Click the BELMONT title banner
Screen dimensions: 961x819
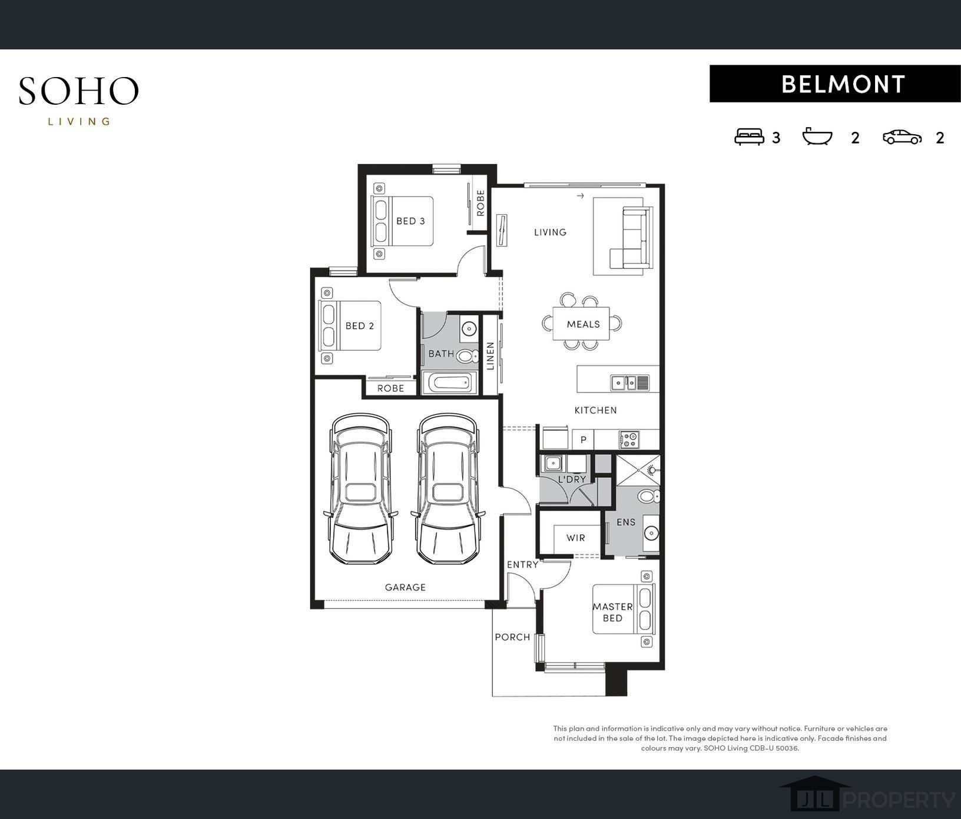pyautogui.click(x=835, y=84)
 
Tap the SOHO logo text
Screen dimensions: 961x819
pyautogui.click(x=78, y=91)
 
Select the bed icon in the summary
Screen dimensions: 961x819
pyautogui.click(x=749, y=137)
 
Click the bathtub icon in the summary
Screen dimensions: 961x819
pyautogui.click(x=818, y=136)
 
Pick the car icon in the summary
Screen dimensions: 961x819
pyautogui.click(x=902, y=137)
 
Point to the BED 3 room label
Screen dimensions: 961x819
pyautogui.click(x=410, y=221)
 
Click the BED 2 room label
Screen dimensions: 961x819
pyautogui.click(x=360, y=326)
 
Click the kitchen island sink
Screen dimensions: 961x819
pyautogui.click(x=629, y=382)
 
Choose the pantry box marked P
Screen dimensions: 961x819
pyautogui.click(x=583, y=440)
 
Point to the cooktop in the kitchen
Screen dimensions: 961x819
pyautogui.click(x=629, y=439)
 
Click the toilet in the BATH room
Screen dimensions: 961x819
pyautogui.click(x=468, y=356)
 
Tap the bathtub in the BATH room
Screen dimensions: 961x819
pyautogui.click(x=450, y=383)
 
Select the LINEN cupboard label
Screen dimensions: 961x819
pyautogui.click(x=490, y=356)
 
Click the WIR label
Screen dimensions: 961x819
pyautogui.click(x=575, y=538)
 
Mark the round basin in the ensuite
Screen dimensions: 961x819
pyautogui.click(x=651, y=534)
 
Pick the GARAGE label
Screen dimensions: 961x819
pyautogui.click(x=405, y=587)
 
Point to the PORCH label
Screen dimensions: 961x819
pyautogui.click(x=512, y=637)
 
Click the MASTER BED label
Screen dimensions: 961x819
pyautogui.click(x=612, y=612)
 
